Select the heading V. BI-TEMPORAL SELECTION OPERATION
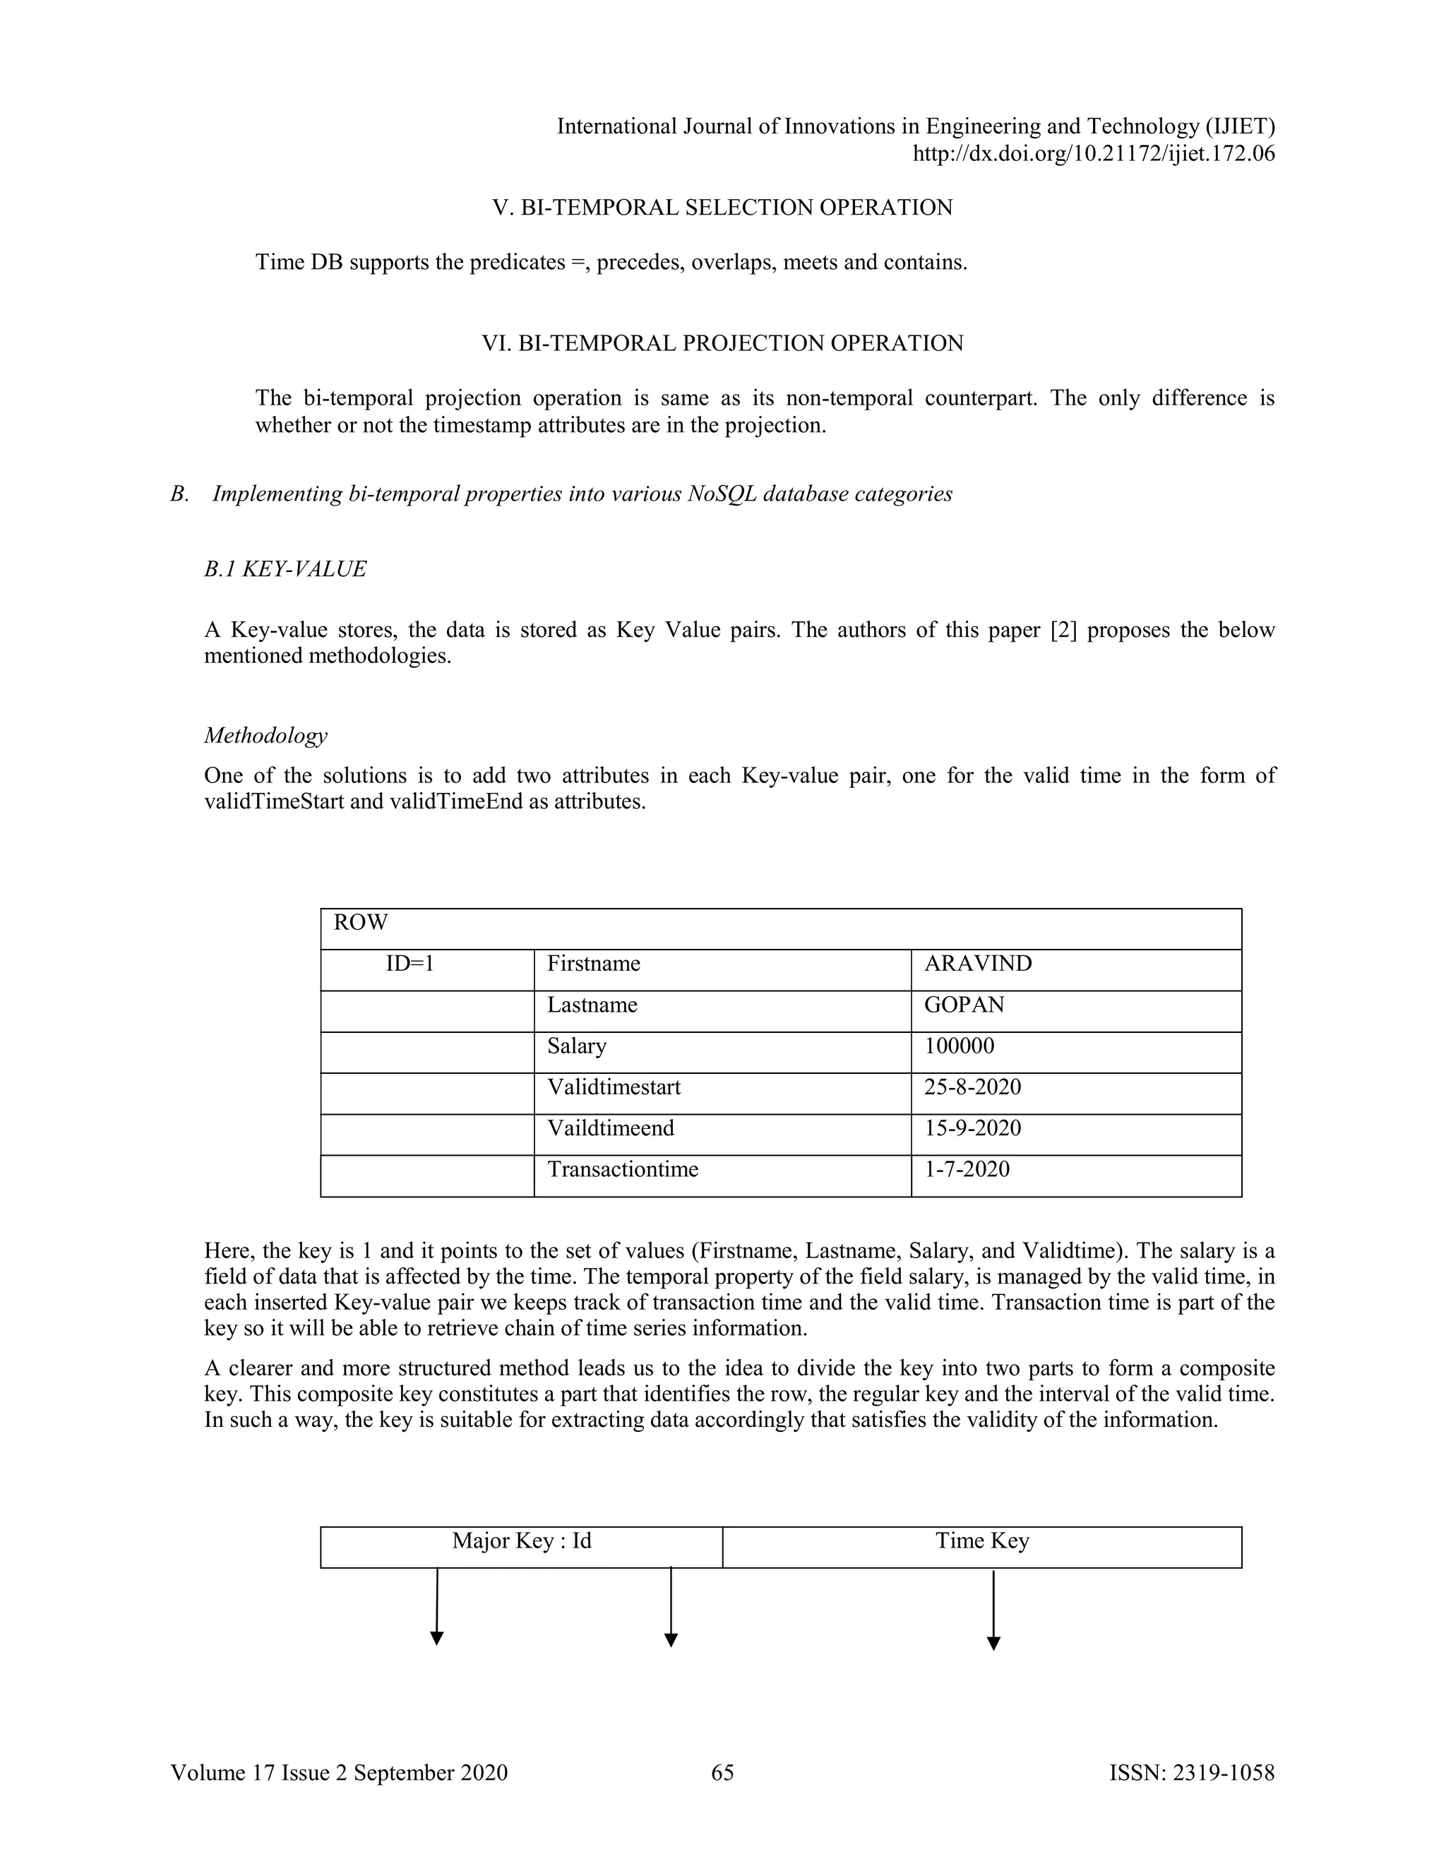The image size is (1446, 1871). pyautogui.click(x=722, y=208)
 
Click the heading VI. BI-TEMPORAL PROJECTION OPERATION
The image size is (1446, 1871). pyautogui.click(x=722, y=344)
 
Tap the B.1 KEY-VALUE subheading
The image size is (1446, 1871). pyautogui.click(x=285, y=569)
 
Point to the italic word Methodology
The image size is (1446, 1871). pyautogui.click(x=265, y=736)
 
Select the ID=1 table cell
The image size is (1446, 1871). pyautogui.click(x=410, y=964)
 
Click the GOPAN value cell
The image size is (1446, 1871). pyautogui.click(x=964, y=1005)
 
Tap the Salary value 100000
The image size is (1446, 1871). pyautogui.click(x=959, y=1046)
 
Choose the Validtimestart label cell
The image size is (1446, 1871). pyautogui.click(x=614, y=1087)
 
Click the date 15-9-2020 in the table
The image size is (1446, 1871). pyautogui.click(x=972, y=1128)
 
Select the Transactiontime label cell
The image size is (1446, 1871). pyautogui.click(x=623, y=1169)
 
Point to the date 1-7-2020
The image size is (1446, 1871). pyautogui.click(x=967, y=1169)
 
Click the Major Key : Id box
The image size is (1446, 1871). pyautogui.click(x=522, y=1541)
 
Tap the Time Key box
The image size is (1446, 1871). pyautogui.click(x=981, y=1541)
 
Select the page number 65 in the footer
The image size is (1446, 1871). pyautogui.click(x=722, y=1772)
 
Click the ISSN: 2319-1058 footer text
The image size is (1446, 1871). pyautogui.click(x=1192, y=1772)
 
